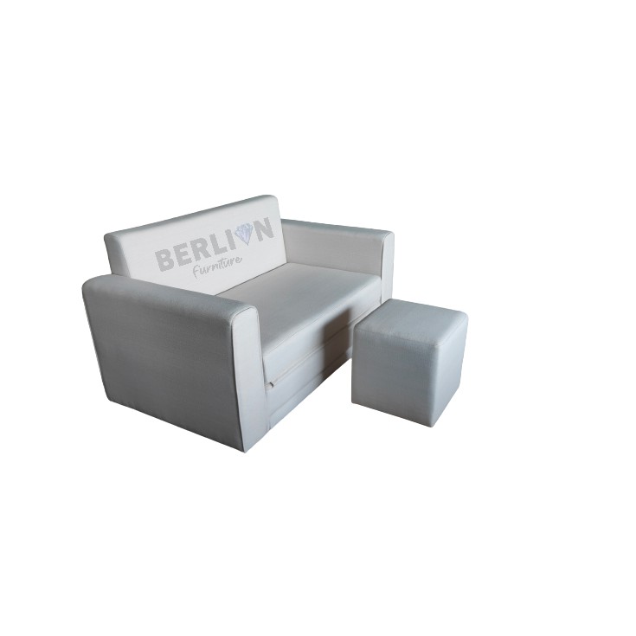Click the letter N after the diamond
click(264, 229)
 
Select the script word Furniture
click(218, 267)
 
